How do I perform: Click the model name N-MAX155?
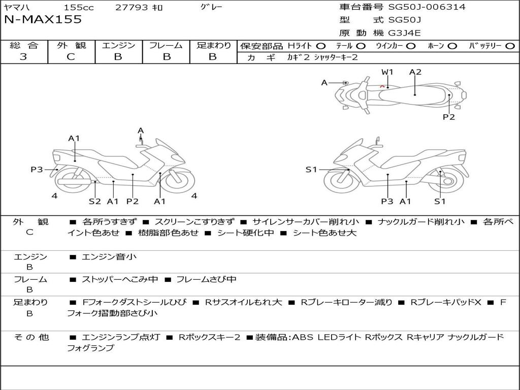click(x=43, y=20)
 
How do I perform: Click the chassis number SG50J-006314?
click(x=427, y=7)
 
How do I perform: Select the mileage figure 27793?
click(x=132, y=7)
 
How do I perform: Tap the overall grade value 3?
click(x=23, y=57)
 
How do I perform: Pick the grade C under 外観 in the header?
click(x=71, y=57)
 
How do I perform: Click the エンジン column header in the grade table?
click(x=118, y=45)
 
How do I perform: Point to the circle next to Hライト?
click(x=321, y=46)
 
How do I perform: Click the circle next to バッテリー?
click(x=510, y=46)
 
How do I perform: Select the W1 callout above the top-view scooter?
click(x=387, y=72)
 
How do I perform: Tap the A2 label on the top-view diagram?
click(x=415, y=72)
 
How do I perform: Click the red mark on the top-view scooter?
click(x=382, y=86)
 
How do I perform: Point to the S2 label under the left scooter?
click(x=95, y=201)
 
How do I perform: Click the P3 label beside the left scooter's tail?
click(x=37, y=170)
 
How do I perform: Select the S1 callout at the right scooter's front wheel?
click(x=311, y=170)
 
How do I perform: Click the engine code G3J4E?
click(x=404, y=33)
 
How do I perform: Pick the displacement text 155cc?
click(x=79, y=7)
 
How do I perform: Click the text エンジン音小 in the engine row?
click(x=109, y=256)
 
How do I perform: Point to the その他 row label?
click(x=31, y=337)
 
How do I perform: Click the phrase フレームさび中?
click(x=206, y=279)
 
